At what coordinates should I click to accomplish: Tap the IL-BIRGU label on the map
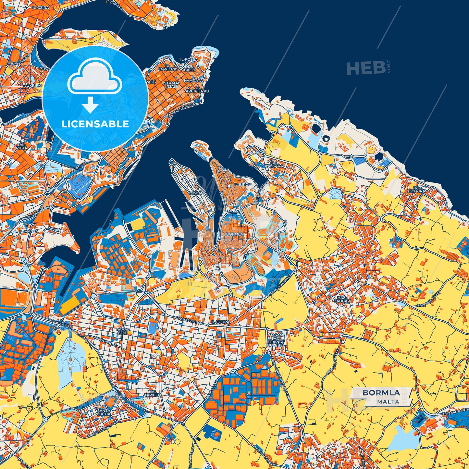point(242,184)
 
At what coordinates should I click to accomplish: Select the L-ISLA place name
point(195,192)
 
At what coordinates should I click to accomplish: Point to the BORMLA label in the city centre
point(234,234)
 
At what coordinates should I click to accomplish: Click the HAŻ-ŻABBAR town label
point(342,299)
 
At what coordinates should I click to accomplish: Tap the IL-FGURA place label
point(220,322)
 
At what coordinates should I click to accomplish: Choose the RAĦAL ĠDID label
point(122,331)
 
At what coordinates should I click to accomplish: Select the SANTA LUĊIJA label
point(104,412)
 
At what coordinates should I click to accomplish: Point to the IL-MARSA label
point(29,231)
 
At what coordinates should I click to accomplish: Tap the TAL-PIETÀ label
point(22,146)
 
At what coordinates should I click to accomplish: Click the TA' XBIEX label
point(32,86)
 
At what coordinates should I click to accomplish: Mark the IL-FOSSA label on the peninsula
point(189,60)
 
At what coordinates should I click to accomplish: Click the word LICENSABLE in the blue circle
point(95,124)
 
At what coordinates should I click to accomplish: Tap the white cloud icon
point(95,77)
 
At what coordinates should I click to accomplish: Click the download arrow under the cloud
point(90,105)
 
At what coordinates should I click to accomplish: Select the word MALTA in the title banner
point(388,401)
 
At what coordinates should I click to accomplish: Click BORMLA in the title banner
point(381,392)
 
